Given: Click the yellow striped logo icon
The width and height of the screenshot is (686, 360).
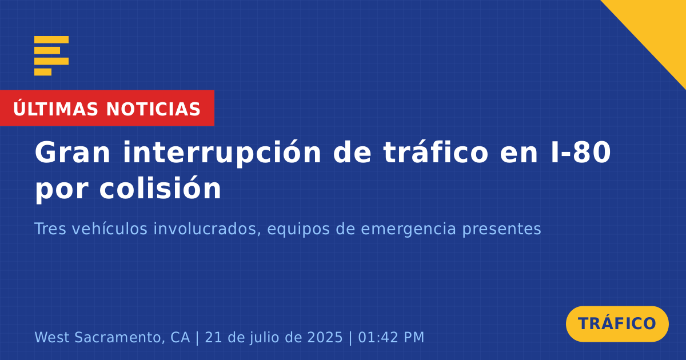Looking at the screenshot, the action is (x=51, y=56).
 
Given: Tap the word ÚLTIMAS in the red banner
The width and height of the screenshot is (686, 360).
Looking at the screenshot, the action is (x=55, y=108).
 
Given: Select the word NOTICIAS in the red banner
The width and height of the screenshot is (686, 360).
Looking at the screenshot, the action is (x=153, y=109).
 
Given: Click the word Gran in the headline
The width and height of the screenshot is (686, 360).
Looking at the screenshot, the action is (x=72, y=153).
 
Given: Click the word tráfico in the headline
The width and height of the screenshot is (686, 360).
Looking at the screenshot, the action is (x=436, y=152).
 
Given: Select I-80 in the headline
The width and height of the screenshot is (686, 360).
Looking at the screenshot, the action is (x=581, y=153).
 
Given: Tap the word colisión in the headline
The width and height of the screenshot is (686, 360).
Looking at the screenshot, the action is (x=160, y=188).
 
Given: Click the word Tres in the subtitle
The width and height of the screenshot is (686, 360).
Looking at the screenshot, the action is (x=50, y=229).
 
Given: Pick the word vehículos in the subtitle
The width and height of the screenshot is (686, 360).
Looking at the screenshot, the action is (x=110, y=229).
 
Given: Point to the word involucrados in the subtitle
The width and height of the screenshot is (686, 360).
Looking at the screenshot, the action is (x=208, y=229).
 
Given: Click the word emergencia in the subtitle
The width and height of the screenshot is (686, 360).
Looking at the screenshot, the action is (x=408, y=229).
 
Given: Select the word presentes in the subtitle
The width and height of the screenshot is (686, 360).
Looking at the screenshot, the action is (x=502, y=230).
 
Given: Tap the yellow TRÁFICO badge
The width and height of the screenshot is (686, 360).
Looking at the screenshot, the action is (x=617, y=324).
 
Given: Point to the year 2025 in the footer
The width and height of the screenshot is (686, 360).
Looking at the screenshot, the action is (x=325, y=337).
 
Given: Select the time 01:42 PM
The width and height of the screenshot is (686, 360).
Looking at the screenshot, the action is (x=391, y=337).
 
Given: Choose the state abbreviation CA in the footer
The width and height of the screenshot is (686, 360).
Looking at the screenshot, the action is (x=180, y=337).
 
